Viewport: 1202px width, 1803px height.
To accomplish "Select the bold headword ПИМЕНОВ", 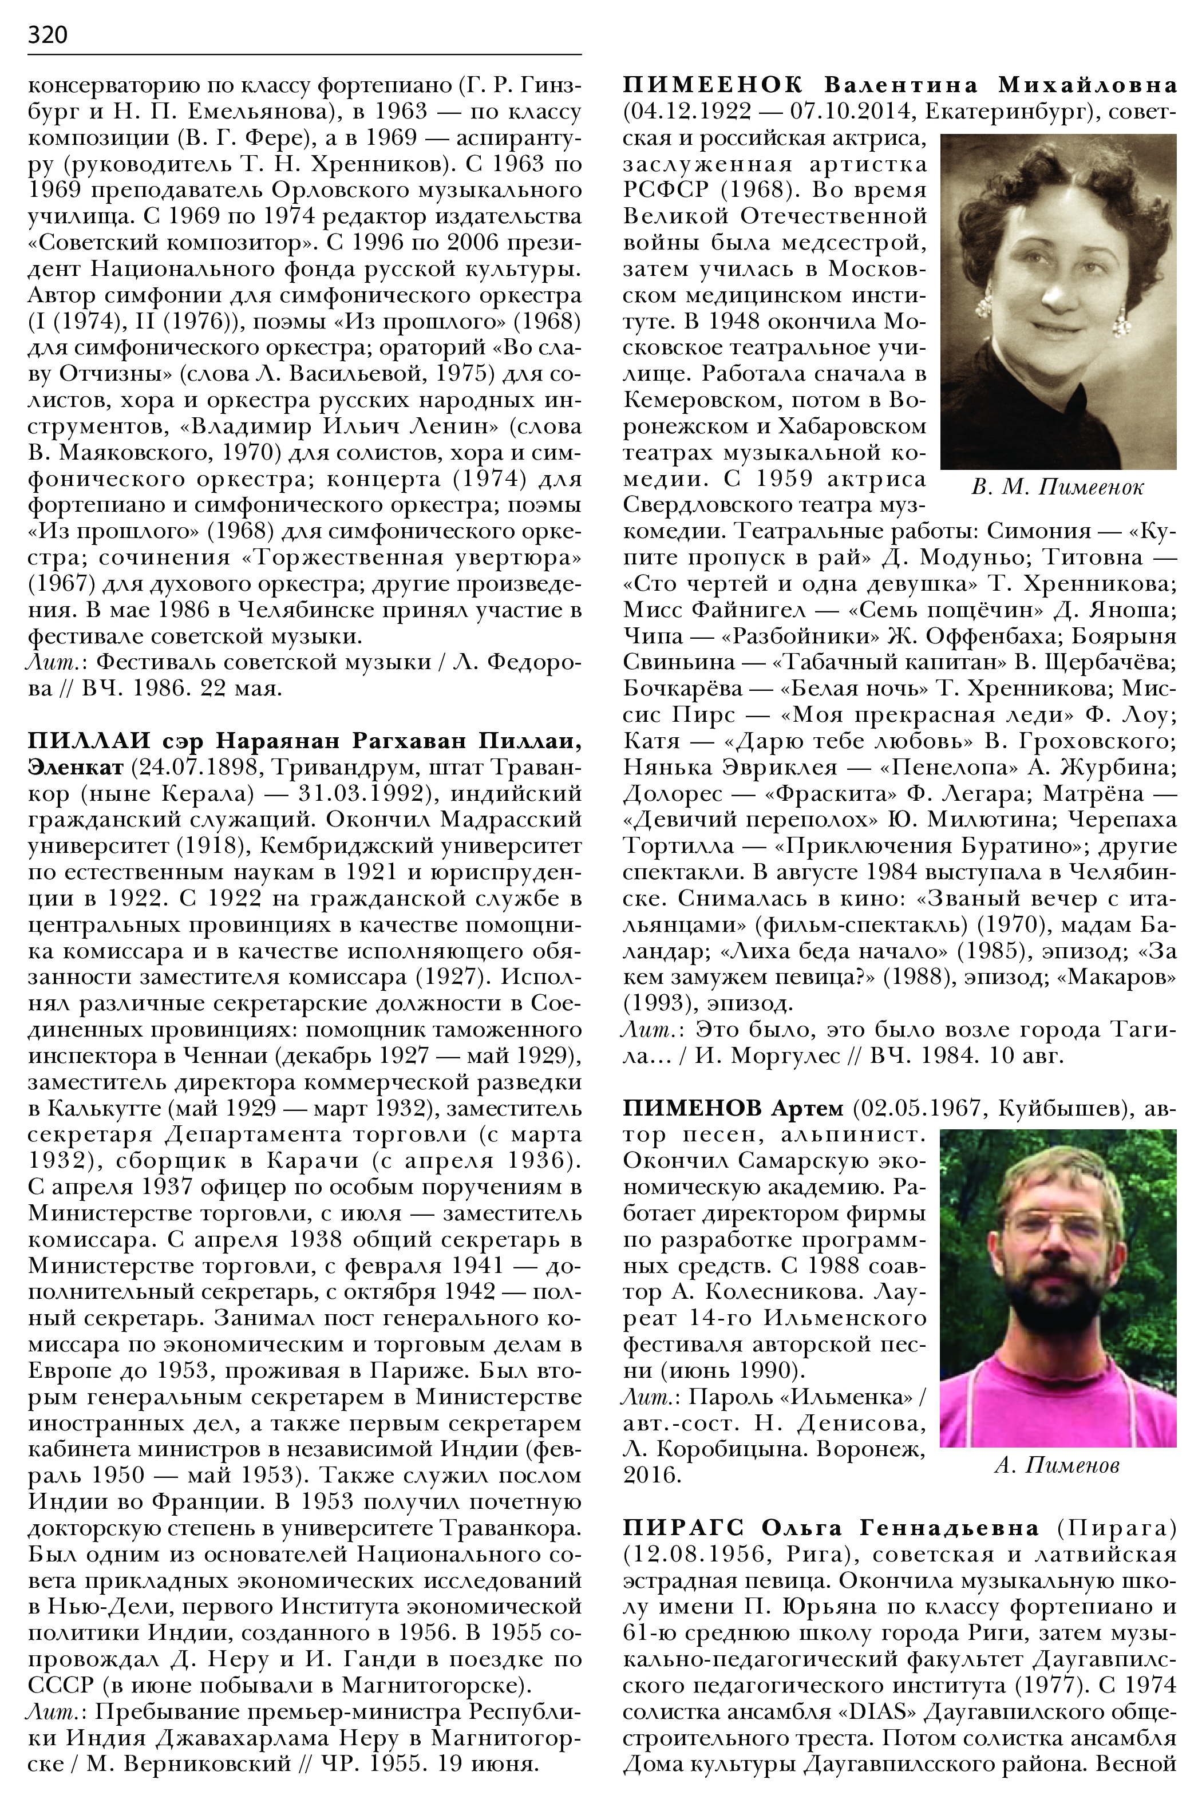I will [x=692, y=1108].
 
